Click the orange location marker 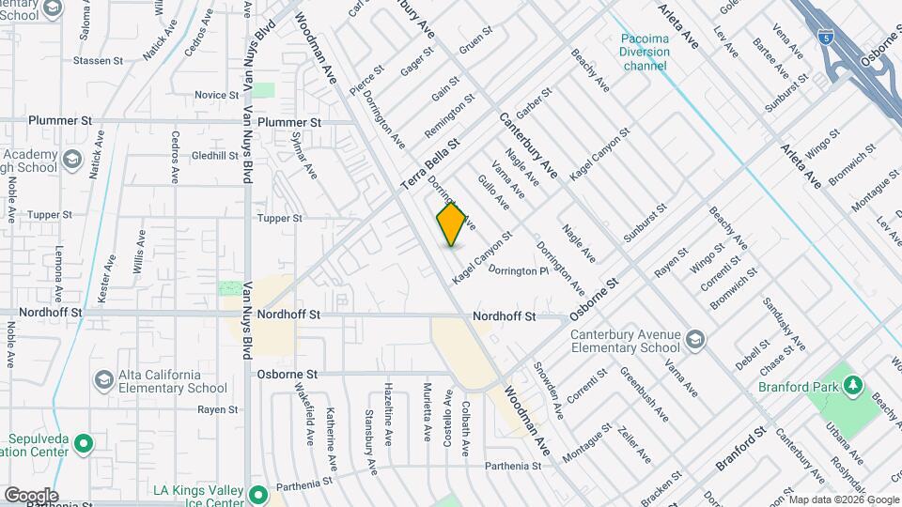(x=452, y=223)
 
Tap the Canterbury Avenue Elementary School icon (x=695, y=339)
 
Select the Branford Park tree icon (x=853, y=385)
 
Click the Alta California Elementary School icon (x=103, y=379)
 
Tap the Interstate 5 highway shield (x=824, y=38)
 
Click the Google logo (x=30, y=496)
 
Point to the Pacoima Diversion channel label (x=645, y=45)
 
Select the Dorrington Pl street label (x=518, y=270)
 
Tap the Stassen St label (x=99, y=61)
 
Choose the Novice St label (x=217, y=95)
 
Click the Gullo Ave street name (x=493, y=191)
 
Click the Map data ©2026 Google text (x=843, y=499)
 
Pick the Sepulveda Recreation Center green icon (x=83, y=442)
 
